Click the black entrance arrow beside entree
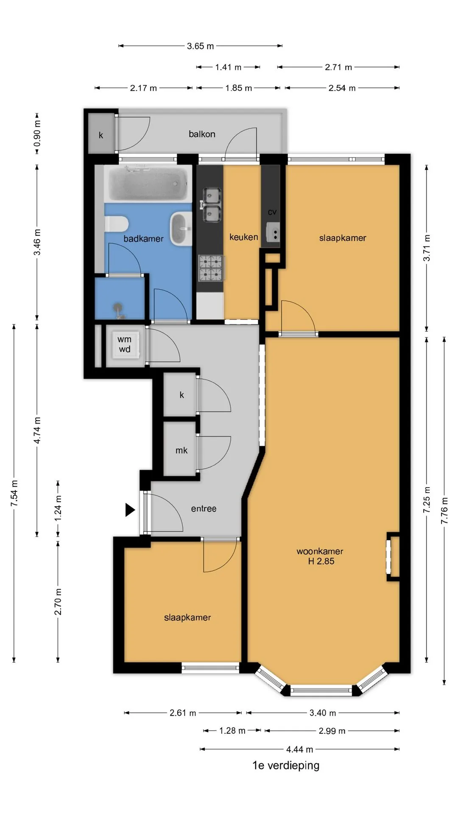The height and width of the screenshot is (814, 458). pyautogui.click(x=130, y=510)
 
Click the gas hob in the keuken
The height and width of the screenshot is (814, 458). pyautogui.click(x=211, y=268)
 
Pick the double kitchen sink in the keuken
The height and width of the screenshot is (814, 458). pyautogui.click(x=211, y=205)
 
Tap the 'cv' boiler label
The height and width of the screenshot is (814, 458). pyautogui.click(x=272, y=212)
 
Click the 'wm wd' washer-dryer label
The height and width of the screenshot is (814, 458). pyautogui.click(x=125, y=344)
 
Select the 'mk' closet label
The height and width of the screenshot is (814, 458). pyautogui.click(x=182, y=450)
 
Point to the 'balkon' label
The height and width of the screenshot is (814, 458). pyautogui.click(x=202, y=134)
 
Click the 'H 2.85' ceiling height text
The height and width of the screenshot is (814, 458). pyautogui.click(x=321, y=561)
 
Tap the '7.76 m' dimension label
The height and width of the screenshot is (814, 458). pyautogui.click(x=444, y=510)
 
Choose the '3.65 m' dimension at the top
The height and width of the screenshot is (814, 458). pyautogui.click(x=200, y=46)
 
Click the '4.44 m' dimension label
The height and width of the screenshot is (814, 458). pyautogui.click(x=299, y=750)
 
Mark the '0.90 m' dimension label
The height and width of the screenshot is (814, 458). pyautogui.click(x=37, y=133)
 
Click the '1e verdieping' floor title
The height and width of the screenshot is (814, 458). pyautogui.click(x=286, y=766)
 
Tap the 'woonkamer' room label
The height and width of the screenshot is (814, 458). pyautogui.click(x=320, y=551)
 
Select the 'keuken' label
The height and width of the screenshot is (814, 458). pyautogui.click(x=244, y=237)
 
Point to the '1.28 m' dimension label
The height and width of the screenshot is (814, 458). pyautogui.click(x=232, y=731)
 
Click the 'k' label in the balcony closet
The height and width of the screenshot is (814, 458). pyautogui.click(x=101, y=135)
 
